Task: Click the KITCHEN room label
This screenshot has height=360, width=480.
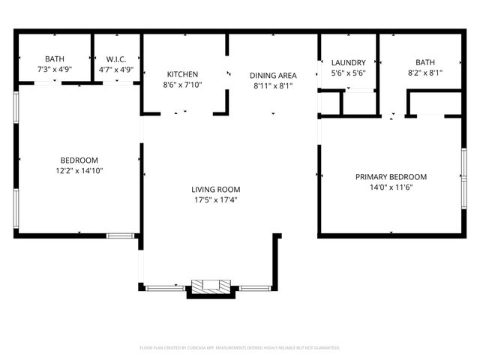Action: point(182,74)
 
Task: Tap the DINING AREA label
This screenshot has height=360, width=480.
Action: point(273,75)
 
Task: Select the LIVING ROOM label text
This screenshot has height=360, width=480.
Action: point(215,189)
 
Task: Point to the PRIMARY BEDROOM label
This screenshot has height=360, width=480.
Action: point(391,177)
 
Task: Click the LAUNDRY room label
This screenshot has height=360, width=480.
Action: point(348,62)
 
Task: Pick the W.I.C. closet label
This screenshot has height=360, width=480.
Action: point(116,58)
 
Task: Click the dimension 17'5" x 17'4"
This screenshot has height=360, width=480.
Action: point(215,199)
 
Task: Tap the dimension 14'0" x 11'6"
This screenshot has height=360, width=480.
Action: point(391,187)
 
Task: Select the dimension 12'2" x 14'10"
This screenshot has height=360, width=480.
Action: point(79,171)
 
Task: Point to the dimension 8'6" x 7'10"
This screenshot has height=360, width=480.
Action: point(182,85)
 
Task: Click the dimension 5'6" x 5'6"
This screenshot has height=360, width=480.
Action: point(348,73)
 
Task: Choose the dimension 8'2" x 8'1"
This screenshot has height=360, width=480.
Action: point(425,73)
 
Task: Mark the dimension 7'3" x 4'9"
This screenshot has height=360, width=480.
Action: point(54,69)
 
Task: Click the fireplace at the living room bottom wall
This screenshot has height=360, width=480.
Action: point(211,286)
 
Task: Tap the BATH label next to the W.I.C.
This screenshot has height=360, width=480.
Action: point(54,58)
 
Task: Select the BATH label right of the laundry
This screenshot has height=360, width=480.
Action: point(425,62)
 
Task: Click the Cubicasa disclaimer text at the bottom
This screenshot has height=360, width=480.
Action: point(240,348)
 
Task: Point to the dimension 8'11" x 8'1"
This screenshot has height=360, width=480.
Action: point(273,85)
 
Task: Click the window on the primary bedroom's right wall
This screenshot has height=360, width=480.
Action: point(464,177)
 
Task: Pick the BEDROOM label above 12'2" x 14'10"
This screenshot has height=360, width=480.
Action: point(79,160)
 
